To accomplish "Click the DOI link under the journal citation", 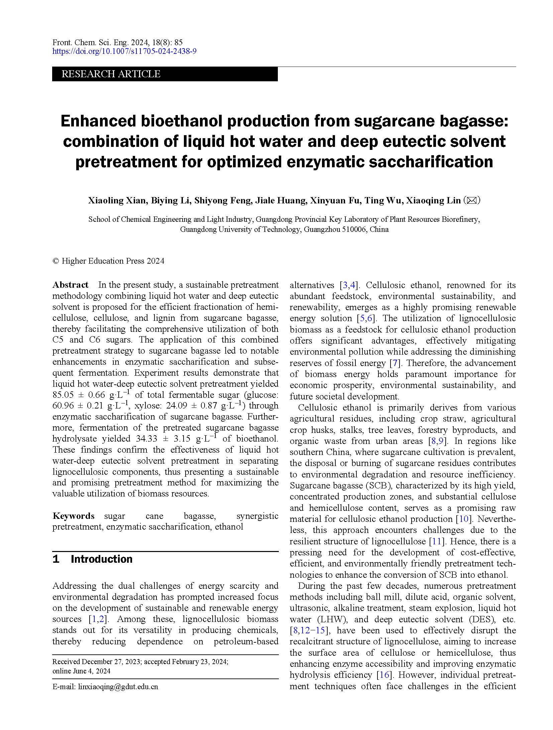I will click(124, 51).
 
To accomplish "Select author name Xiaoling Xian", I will click(117, 200).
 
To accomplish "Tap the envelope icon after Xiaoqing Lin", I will click(472, 200).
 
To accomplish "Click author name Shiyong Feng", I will click(223, 200).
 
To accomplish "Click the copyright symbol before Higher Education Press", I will click(56, 261).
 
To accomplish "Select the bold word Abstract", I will click(71, 285).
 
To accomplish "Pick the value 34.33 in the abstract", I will click(147, 439).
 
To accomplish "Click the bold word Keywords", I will click(74, 516).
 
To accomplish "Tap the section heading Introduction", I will click(102, 559).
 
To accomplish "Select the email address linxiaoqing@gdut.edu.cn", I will click(118, 687).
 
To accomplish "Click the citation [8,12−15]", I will click(310, 630).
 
